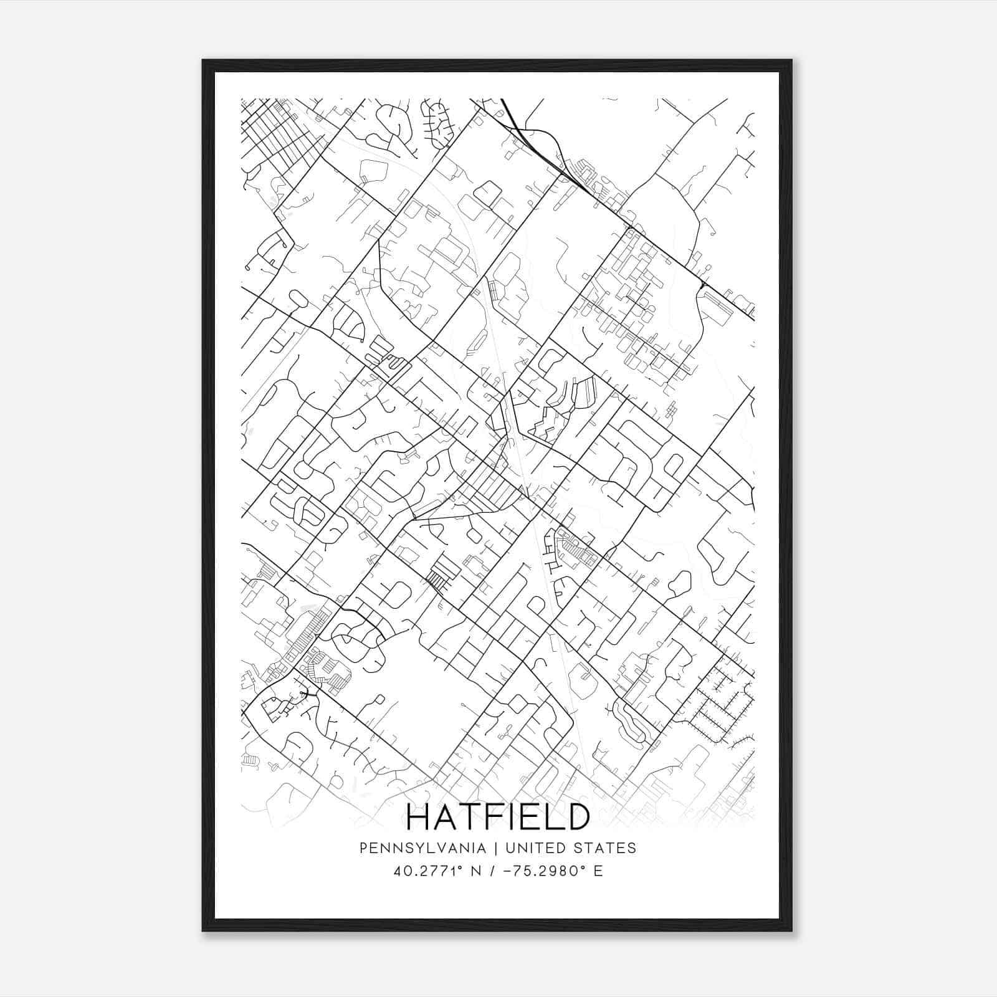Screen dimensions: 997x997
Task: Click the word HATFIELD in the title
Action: (498, 816)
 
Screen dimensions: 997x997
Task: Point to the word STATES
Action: (606, 847)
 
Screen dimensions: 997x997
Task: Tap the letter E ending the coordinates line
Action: (598, 871)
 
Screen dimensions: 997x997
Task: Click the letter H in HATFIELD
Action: (419, 816)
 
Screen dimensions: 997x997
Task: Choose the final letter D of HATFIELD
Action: (578, 816)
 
